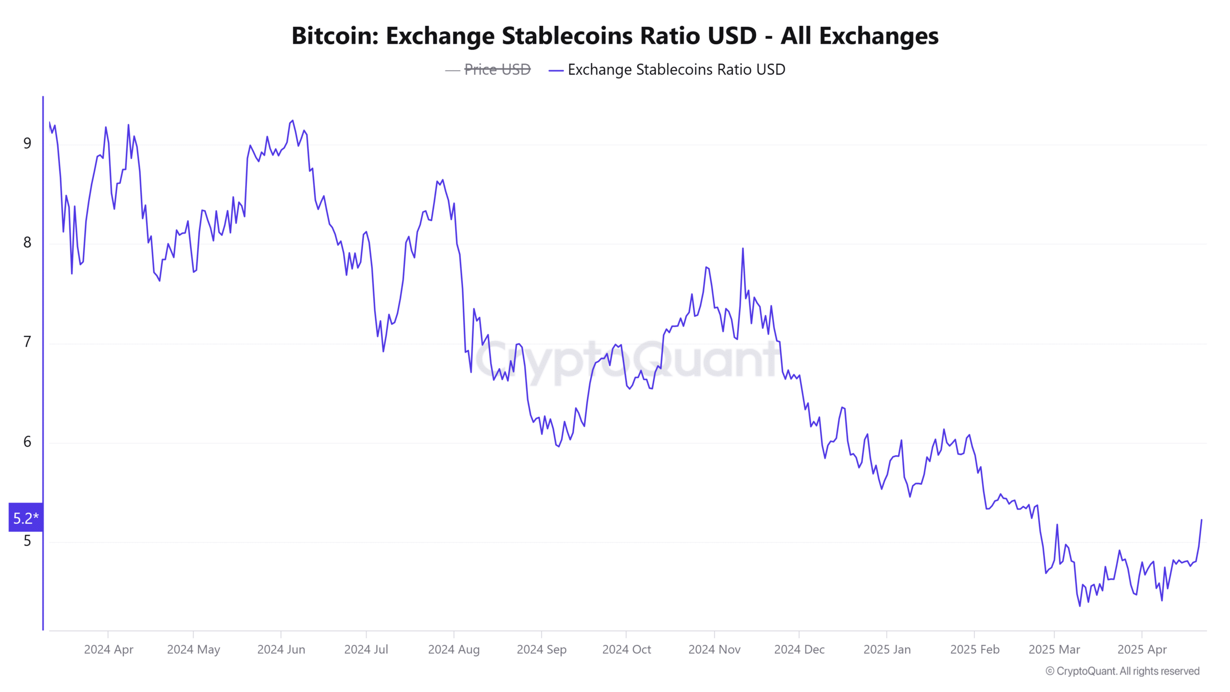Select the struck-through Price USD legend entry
click(x=497, y=70)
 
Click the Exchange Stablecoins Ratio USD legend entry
click(x=676, y=70)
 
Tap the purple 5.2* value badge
click(x=26, y=518)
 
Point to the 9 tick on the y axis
click(x=27, y=143)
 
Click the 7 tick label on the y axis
click(x=27, y=342)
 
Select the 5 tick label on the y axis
click(x=27, y=541)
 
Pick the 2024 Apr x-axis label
click(x=109, y=649)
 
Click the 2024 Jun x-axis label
click(x=281, y=649)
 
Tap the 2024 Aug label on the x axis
click(x=454, y=649)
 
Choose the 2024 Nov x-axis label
click(x=714, y=649)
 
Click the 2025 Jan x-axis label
click(x=887, y=649)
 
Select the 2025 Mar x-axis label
click(x=1054, y=649)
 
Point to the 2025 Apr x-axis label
click(x=1142, y=649)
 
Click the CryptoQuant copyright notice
click(x=1122, y=671)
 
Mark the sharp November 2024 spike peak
click(x=743, y=248)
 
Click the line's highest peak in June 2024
click(x=293, y=121)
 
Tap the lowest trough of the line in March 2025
click(x=1080, y=606)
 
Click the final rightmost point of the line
click(x=1202, y=519)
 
